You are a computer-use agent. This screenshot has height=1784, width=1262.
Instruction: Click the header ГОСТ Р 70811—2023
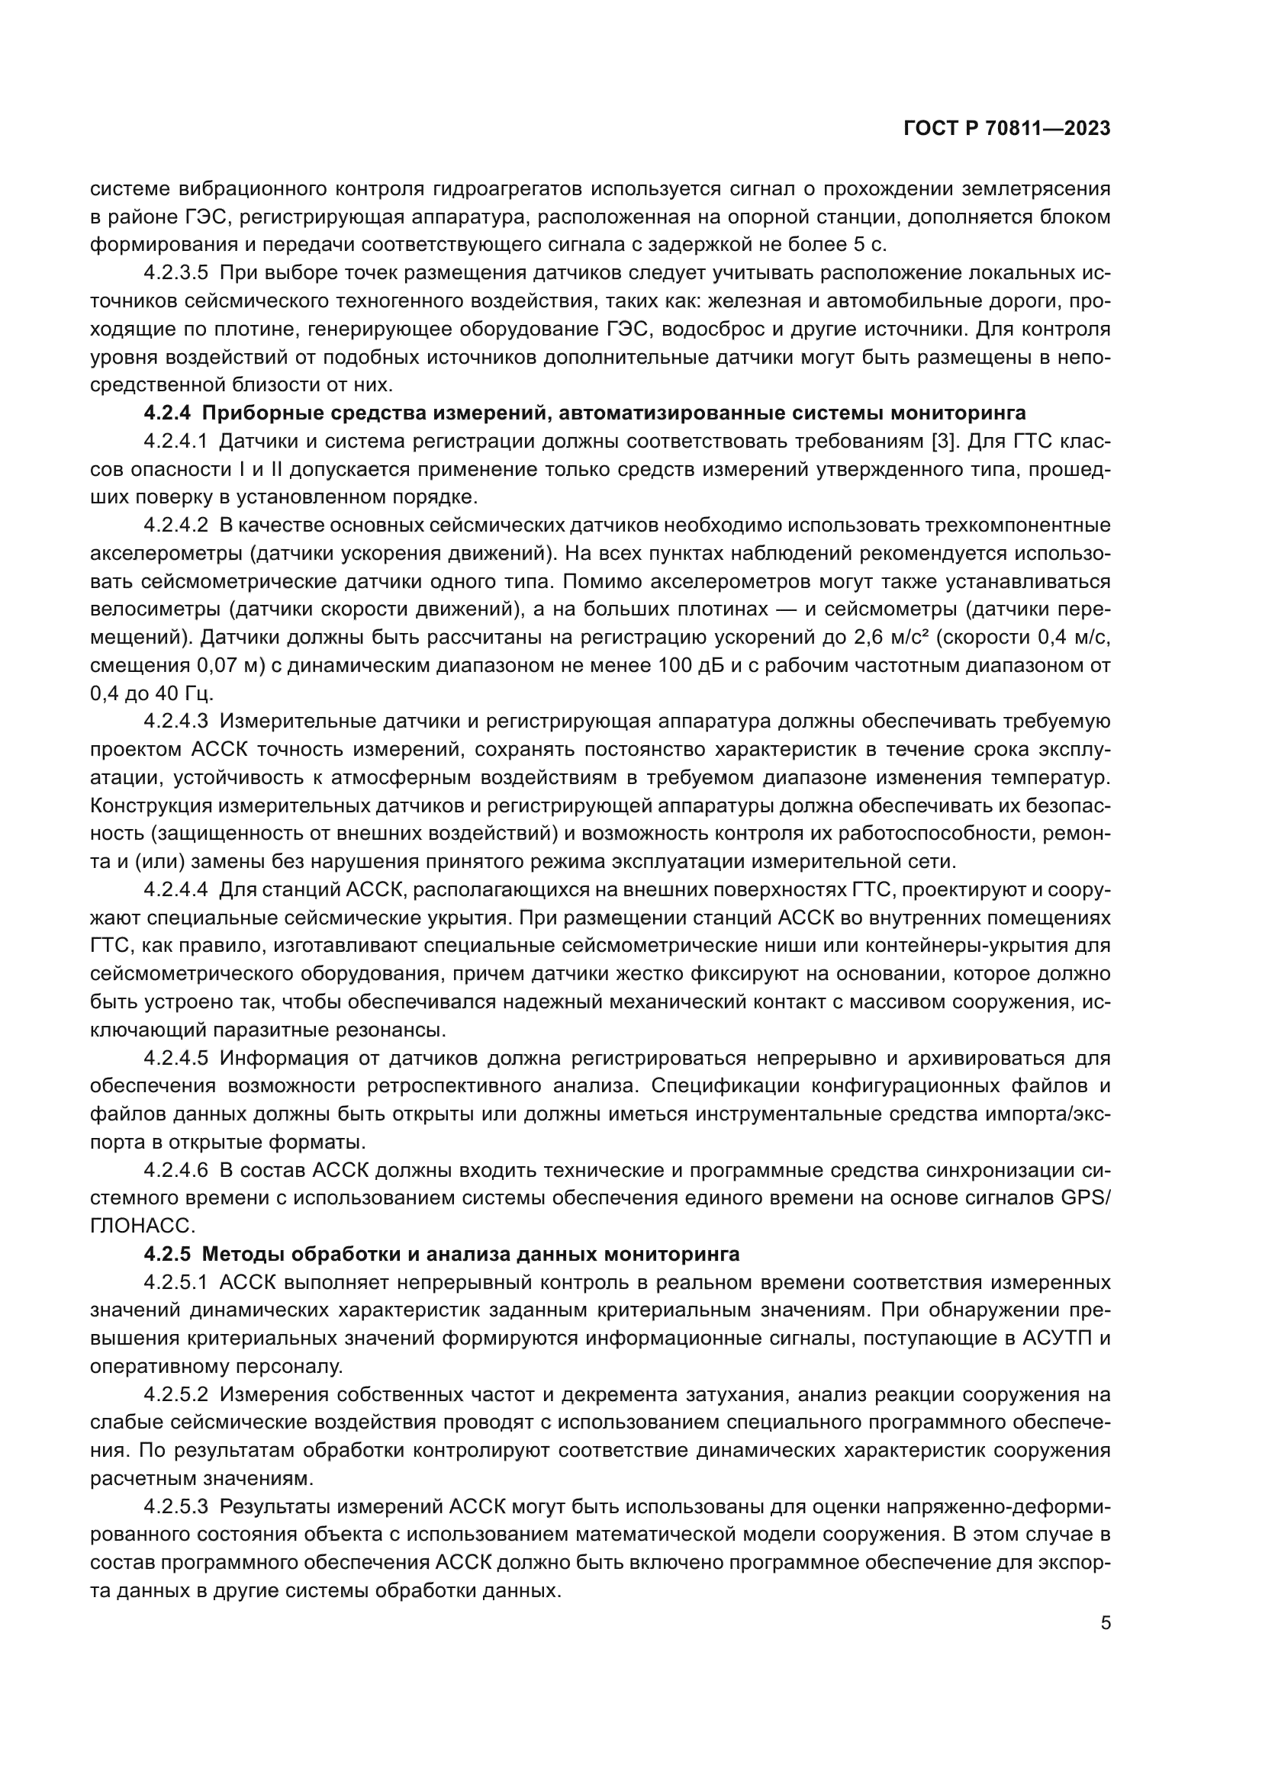1007,129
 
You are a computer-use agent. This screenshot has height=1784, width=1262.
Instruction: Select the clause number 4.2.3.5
175,274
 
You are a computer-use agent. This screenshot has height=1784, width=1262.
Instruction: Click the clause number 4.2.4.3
175,722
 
